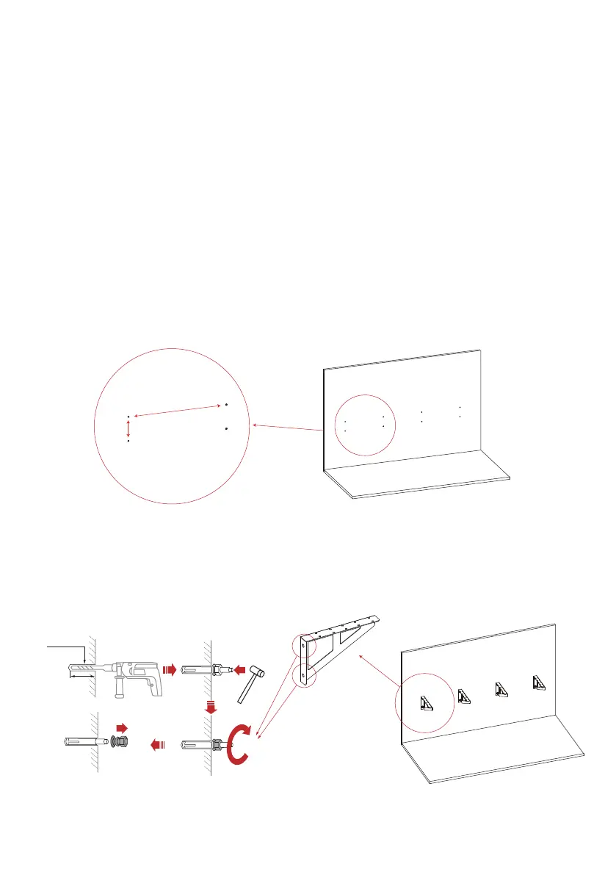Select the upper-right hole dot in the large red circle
(227, 405)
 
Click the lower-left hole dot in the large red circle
(128, 442)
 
